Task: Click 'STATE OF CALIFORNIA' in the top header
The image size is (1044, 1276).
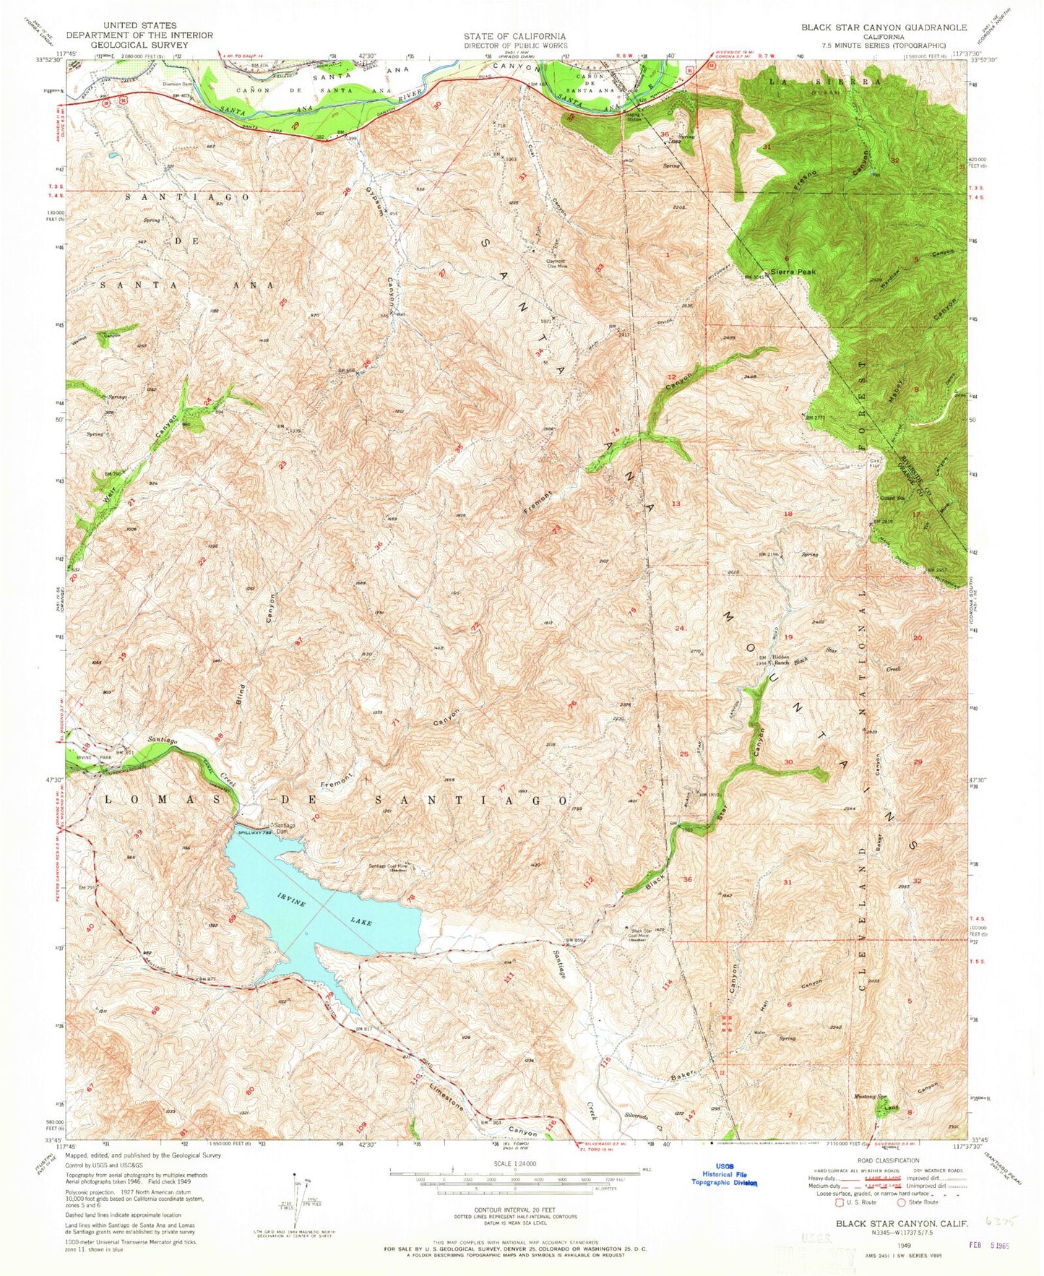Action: (x=514, y=35)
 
